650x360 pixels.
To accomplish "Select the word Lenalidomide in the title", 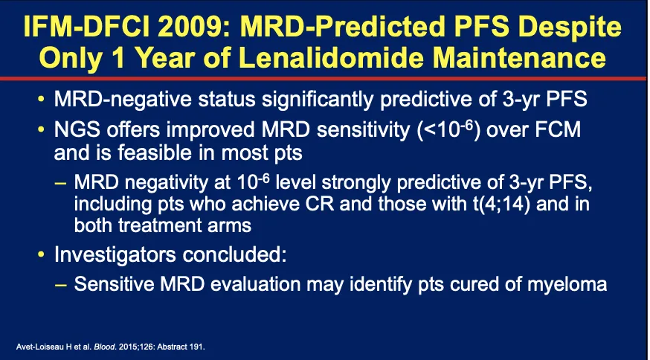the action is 331,58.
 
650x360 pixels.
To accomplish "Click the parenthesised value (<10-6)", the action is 450,130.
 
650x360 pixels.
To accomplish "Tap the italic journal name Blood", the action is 92,347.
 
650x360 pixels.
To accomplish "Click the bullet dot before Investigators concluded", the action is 41,254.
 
